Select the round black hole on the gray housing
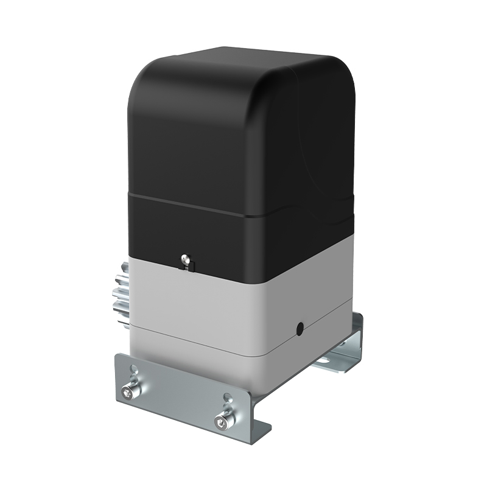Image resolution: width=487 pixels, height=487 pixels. coord(300,329)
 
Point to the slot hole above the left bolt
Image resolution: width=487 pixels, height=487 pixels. coord(135,370)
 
